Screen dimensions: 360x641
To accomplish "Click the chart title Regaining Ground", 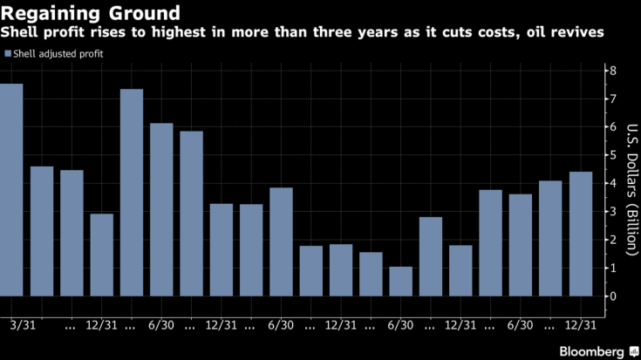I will tap(91, 13).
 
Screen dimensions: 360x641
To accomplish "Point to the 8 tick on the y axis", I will tap(614, 71).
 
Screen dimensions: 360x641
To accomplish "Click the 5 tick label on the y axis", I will tap(614, 155).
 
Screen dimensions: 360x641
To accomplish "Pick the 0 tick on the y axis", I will tap(614, 296).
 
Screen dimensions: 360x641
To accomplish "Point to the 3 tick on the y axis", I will tap(614, 212).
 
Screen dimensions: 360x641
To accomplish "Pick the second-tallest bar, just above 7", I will tap(132, 193).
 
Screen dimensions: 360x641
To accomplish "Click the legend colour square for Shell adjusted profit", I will tap(7, 54).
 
